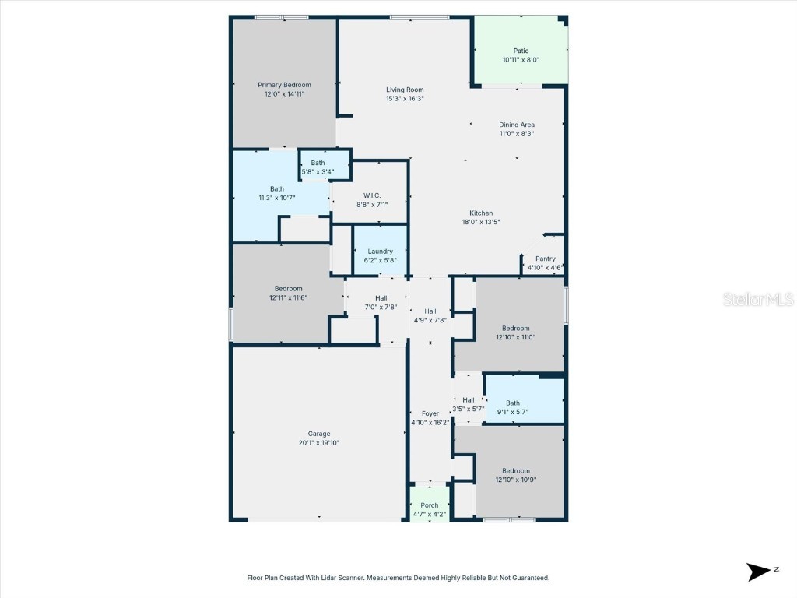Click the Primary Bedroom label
(x=284, y=85)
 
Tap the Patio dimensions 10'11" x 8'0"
(x=521, y=60)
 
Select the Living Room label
(x=405, y=90)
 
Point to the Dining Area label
(x=517, y=125)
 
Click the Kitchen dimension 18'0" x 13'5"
(x=481, y=222)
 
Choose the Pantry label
(x=545, y=259)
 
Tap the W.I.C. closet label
(x=370, y=195)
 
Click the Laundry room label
(x=381, y=252)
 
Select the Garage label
(x=319, y=434)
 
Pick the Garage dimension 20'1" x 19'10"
(x=319, y=443)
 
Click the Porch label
(x=430, y=505)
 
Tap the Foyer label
(x=430, y=413)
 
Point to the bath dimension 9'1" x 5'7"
(x=513, y=412)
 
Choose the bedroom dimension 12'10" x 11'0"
(x=515, y=337)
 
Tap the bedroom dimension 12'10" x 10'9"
(x=515, y=480)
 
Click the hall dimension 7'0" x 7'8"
(x=381, y=307)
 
